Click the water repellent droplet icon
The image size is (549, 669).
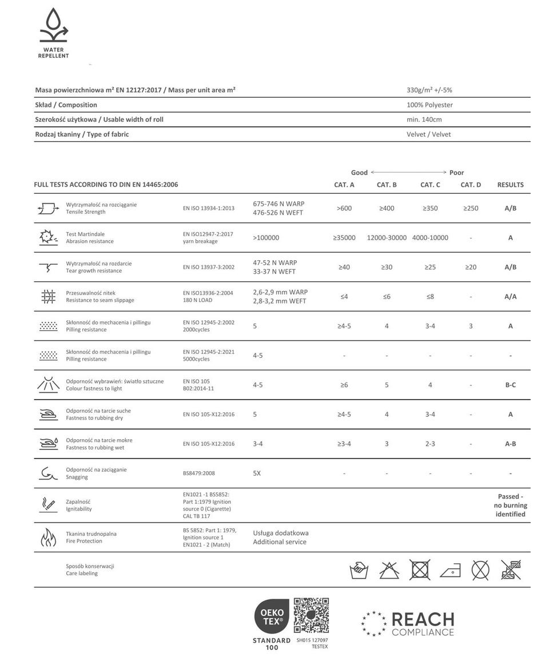tap(53, 26)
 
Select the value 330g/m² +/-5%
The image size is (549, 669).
tap(429, 90)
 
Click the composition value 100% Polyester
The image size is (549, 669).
tap(429, 105)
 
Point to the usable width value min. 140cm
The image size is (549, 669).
tap(424, 120)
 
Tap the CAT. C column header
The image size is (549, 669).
tap(430, 185)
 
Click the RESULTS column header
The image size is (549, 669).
tap(510, 185)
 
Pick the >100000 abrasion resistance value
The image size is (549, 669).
tap(266, 238)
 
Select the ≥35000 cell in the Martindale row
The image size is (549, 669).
tap(344, 238)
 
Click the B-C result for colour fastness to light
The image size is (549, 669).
tap(510, 385)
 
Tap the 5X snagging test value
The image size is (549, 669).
tap(257, 473)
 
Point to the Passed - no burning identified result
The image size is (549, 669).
tap(510, 505)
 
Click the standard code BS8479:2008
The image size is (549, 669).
tap(199, 473)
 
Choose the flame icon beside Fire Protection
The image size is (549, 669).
tap(48, 537)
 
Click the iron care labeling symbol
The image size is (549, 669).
tap(450, 570)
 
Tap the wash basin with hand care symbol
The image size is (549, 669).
tap(359, 570)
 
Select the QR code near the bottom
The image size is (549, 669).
tap(311, 615)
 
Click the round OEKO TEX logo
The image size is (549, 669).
tap(271, 616)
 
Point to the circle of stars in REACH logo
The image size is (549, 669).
tap(373, 623)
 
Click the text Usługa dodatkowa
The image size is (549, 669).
tap(281, 533)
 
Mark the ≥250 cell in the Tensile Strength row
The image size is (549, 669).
tap(471, 209)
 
